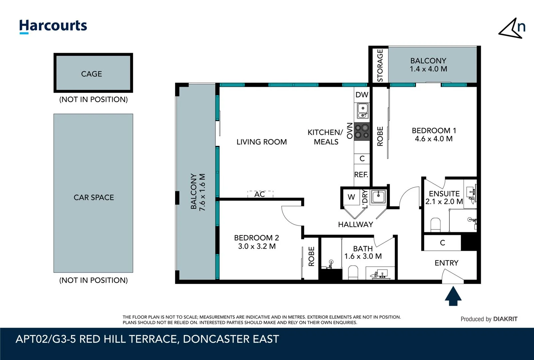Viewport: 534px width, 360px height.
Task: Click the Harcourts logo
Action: [53, 26]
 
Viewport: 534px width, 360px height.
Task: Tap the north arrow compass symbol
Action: [512, 28]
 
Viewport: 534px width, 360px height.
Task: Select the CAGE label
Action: [91, 74]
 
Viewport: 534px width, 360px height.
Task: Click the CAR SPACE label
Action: [94, 197]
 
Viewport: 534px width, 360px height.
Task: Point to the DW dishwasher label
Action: [362, 95]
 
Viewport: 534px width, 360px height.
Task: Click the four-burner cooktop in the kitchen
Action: [362, 131]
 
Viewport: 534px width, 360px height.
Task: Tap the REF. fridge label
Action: [361, 174]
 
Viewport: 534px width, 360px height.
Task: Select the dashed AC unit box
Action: [260, 194]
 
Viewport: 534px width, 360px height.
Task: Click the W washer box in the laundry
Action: [351, 197]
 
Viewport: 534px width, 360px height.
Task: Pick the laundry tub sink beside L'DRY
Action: [378, 196]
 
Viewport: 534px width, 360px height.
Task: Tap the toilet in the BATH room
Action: [353, 272]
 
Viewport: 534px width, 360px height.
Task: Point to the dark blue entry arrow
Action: [453, 296]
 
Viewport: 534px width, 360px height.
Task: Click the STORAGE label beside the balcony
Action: [380, 65]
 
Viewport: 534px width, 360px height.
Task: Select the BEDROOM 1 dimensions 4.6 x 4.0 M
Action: [433, 139]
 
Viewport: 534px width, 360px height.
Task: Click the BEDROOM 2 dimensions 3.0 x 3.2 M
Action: [257, 246]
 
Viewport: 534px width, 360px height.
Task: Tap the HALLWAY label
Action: [355, 224]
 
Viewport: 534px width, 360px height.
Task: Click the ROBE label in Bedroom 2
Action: [311, 256]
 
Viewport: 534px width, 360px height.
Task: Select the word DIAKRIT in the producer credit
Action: [505, 319]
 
